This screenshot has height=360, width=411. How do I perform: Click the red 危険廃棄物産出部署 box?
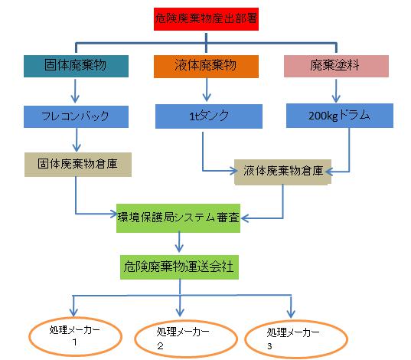tap(206, 19)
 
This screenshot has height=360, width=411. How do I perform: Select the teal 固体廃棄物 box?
tap(76, 66)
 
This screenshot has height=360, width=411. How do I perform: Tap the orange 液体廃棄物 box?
tap(206, 67)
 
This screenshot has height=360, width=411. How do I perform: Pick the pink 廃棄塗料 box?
tap(336, 66)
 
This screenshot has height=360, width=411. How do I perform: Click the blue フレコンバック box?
tap(76, 116)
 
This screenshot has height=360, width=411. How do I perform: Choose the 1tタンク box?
tap(209, 116)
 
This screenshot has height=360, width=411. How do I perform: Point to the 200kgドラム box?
tap(340, 116)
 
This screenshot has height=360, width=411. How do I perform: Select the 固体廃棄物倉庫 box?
tap(78, 165)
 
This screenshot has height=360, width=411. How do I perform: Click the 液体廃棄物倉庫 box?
tap(283, 172)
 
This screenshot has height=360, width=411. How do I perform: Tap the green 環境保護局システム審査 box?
tap(178, 218)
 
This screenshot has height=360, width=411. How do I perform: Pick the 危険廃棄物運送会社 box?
tap(179, 267)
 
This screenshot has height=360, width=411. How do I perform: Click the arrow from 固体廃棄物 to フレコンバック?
tap(75, 91)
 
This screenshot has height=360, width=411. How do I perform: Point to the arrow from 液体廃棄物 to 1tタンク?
tap(207, 90)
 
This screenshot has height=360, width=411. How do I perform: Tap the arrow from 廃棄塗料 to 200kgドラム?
tap(336, 91)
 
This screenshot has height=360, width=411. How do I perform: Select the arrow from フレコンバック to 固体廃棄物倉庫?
tap(77, 140)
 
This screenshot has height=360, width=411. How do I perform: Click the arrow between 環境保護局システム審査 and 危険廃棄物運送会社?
tap(179, 242)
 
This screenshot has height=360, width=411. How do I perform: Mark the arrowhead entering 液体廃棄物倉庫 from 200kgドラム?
tap(328, 172)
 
